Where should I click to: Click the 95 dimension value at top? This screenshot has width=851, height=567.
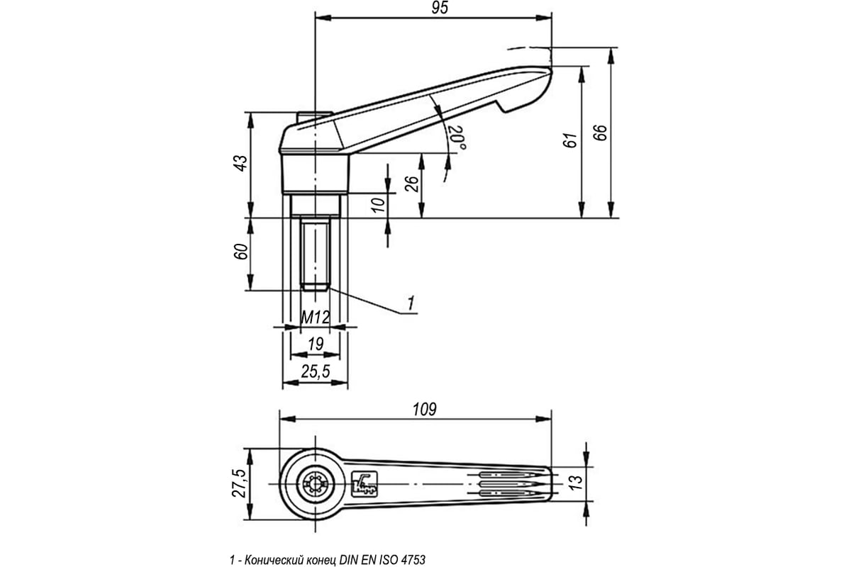coord(440,8)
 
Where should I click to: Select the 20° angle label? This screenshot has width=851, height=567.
coord(456,137)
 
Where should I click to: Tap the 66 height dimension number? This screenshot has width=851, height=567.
coord(600,133)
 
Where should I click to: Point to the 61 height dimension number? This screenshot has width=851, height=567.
coord(571,140)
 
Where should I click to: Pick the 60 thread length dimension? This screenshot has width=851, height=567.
coord(241,252)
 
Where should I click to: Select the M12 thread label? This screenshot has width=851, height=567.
coord(315,317)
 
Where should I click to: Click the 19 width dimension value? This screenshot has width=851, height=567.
coord(316,344)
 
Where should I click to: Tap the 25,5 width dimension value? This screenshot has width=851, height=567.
coord(316,371)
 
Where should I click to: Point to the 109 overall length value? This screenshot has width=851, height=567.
coord(425,410)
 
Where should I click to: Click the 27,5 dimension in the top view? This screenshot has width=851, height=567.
coord(239,483)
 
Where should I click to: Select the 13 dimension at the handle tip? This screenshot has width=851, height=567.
coord(576,483)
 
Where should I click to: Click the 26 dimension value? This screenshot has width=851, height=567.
coord(412,184)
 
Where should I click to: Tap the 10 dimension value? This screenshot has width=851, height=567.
coord(379,205)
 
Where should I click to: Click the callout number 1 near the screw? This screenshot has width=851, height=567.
coord(411,303)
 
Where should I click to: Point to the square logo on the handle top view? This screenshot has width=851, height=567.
coord(365,484)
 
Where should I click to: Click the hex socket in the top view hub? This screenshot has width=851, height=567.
coord(315,484)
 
